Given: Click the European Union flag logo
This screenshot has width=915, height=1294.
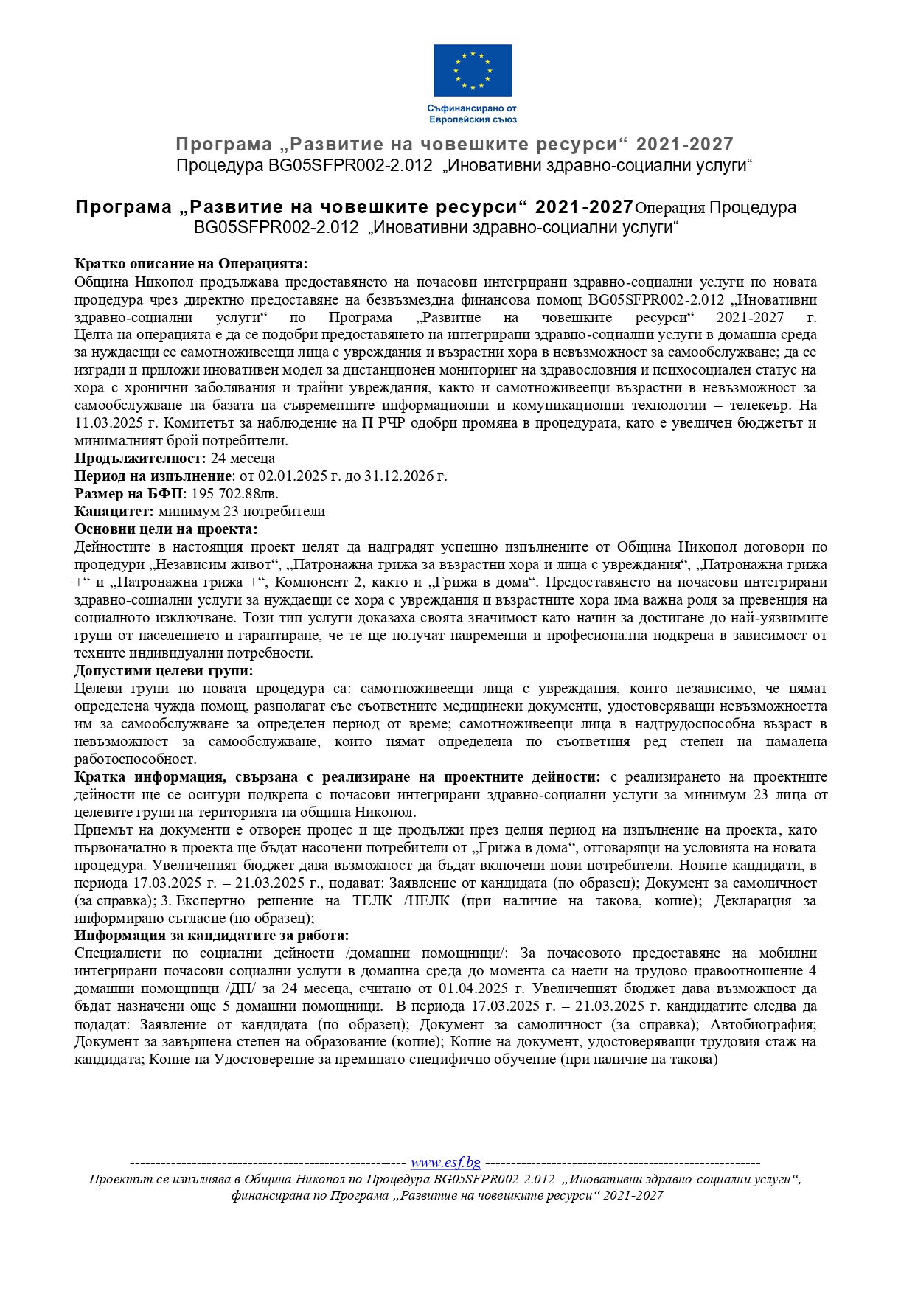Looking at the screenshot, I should [x=472, y=70].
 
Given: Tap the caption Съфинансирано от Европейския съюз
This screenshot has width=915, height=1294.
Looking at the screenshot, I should [x=472, y=114].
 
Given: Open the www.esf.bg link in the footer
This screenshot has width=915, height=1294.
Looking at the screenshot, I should [x=445, y=1163].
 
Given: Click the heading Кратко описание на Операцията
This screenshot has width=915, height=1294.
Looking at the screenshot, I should [x=191, y=264].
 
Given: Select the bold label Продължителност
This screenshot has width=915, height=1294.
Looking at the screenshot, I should [x=140, y=459].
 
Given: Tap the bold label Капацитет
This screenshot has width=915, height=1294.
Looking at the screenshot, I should [x=114, y=512].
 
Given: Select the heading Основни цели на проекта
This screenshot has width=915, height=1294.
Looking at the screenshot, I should [x=166, y=529].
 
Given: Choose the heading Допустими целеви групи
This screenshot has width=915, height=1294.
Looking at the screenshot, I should [x=164, y=671].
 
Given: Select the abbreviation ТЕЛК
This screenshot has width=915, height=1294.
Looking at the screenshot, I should [x=372, y=901].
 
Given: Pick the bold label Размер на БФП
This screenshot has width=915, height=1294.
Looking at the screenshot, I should [x=129, y=494].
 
